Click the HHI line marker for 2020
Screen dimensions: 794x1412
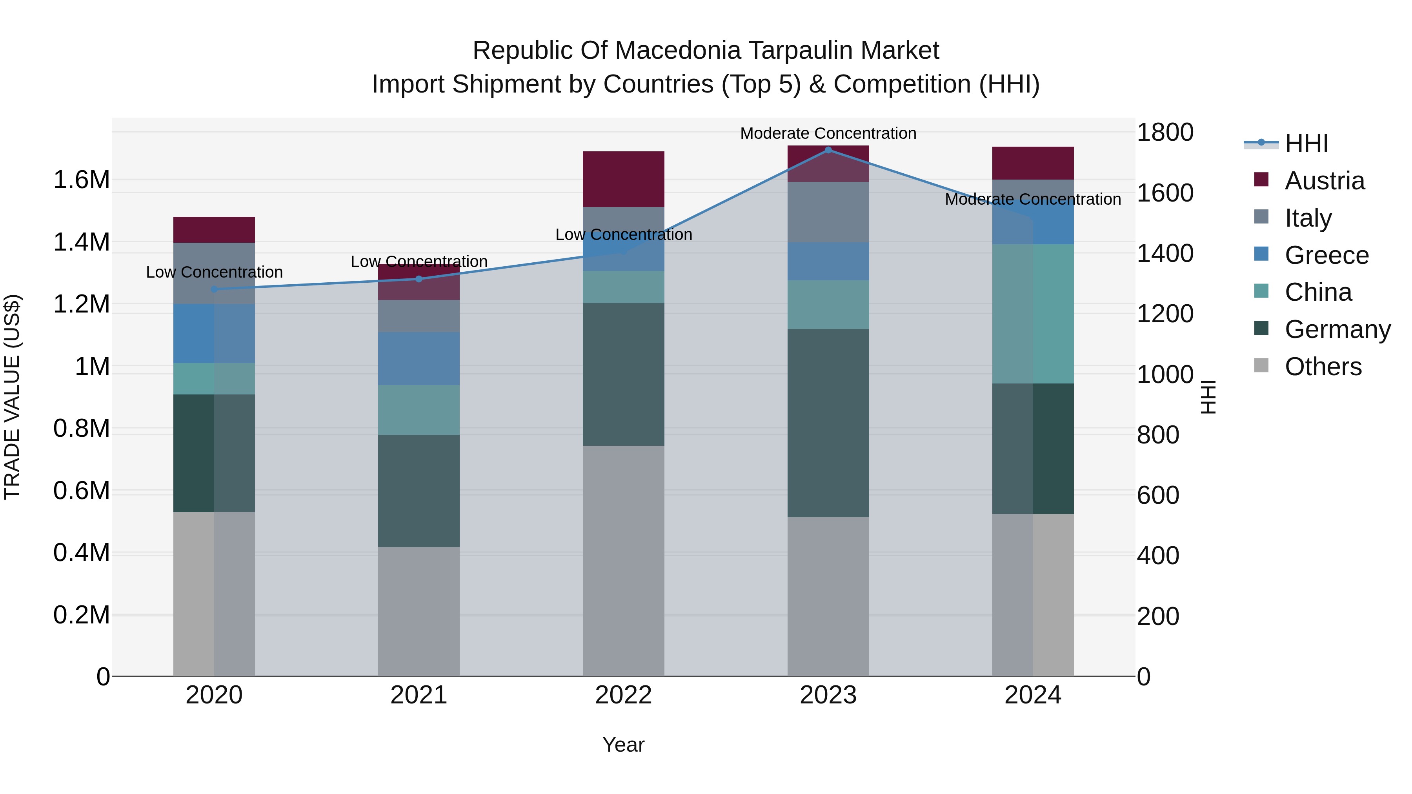pos(214,289)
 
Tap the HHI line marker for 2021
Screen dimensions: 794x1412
pos(419,279)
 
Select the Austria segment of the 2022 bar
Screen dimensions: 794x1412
pos(623,179)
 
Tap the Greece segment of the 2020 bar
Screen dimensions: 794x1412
pos(214,333)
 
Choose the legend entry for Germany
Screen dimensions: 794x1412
pos(1337,329)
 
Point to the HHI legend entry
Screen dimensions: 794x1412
pos(1306,144)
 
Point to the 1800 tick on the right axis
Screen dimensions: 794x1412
pos(1165,132)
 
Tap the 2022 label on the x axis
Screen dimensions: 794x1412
pos(623,695)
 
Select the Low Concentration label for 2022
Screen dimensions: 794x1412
pos(623,234)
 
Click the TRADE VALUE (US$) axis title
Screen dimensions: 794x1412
pos(12,397)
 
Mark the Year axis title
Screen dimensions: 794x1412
pos(623,745)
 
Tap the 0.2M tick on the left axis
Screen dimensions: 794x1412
pos(81,615)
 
